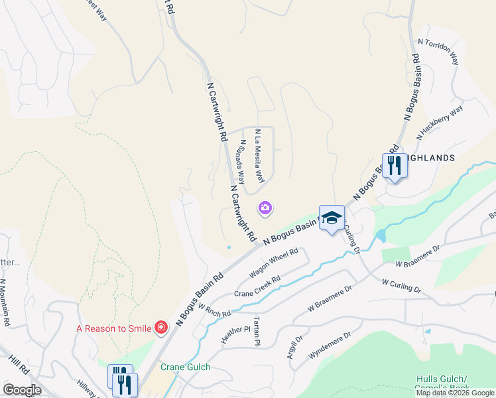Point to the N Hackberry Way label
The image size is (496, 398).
[440, 122]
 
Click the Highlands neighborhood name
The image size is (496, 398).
[431, 158]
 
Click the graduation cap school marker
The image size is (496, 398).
[332, 218]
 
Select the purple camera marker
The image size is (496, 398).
[265, 209]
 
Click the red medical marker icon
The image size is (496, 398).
[160, 327]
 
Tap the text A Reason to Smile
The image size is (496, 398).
[113, 328]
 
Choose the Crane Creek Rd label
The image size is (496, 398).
[258, 286]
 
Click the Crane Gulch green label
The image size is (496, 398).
[185, 367]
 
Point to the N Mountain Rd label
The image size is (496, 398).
[5, 302]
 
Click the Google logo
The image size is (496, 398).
[21, 390]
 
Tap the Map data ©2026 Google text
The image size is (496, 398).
[455, 393]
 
